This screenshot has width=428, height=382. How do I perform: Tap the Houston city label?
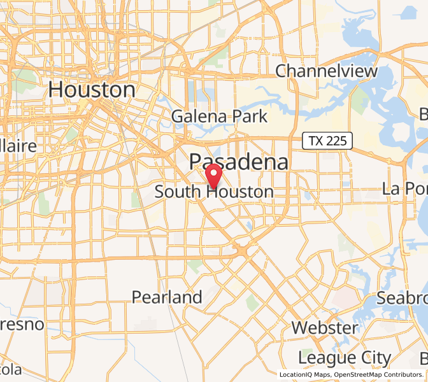[92, 90]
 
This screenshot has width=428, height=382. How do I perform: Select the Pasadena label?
[239, 162]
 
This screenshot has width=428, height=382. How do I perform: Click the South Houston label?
[215, 192]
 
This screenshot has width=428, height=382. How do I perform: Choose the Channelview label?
[327, 71]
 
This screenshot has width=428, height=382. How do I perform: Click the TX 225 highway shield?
[327, 141]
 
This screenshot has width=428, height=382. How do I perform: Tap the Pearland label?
[167, 297]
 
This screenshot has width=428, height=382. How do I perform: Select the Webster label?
[325, 328]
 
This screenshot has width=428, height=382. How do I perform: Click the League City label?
[345, 358]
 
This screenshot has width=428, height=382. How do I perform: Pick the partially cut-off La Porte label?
[404, 188]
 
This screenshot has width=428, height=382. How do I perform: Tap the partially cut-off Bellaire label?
[18, 146]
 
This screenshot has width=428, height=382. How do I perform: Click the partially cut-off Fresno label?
[22, 325]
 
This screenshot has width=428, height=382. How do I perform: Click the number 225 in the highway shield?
[336, 141]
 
